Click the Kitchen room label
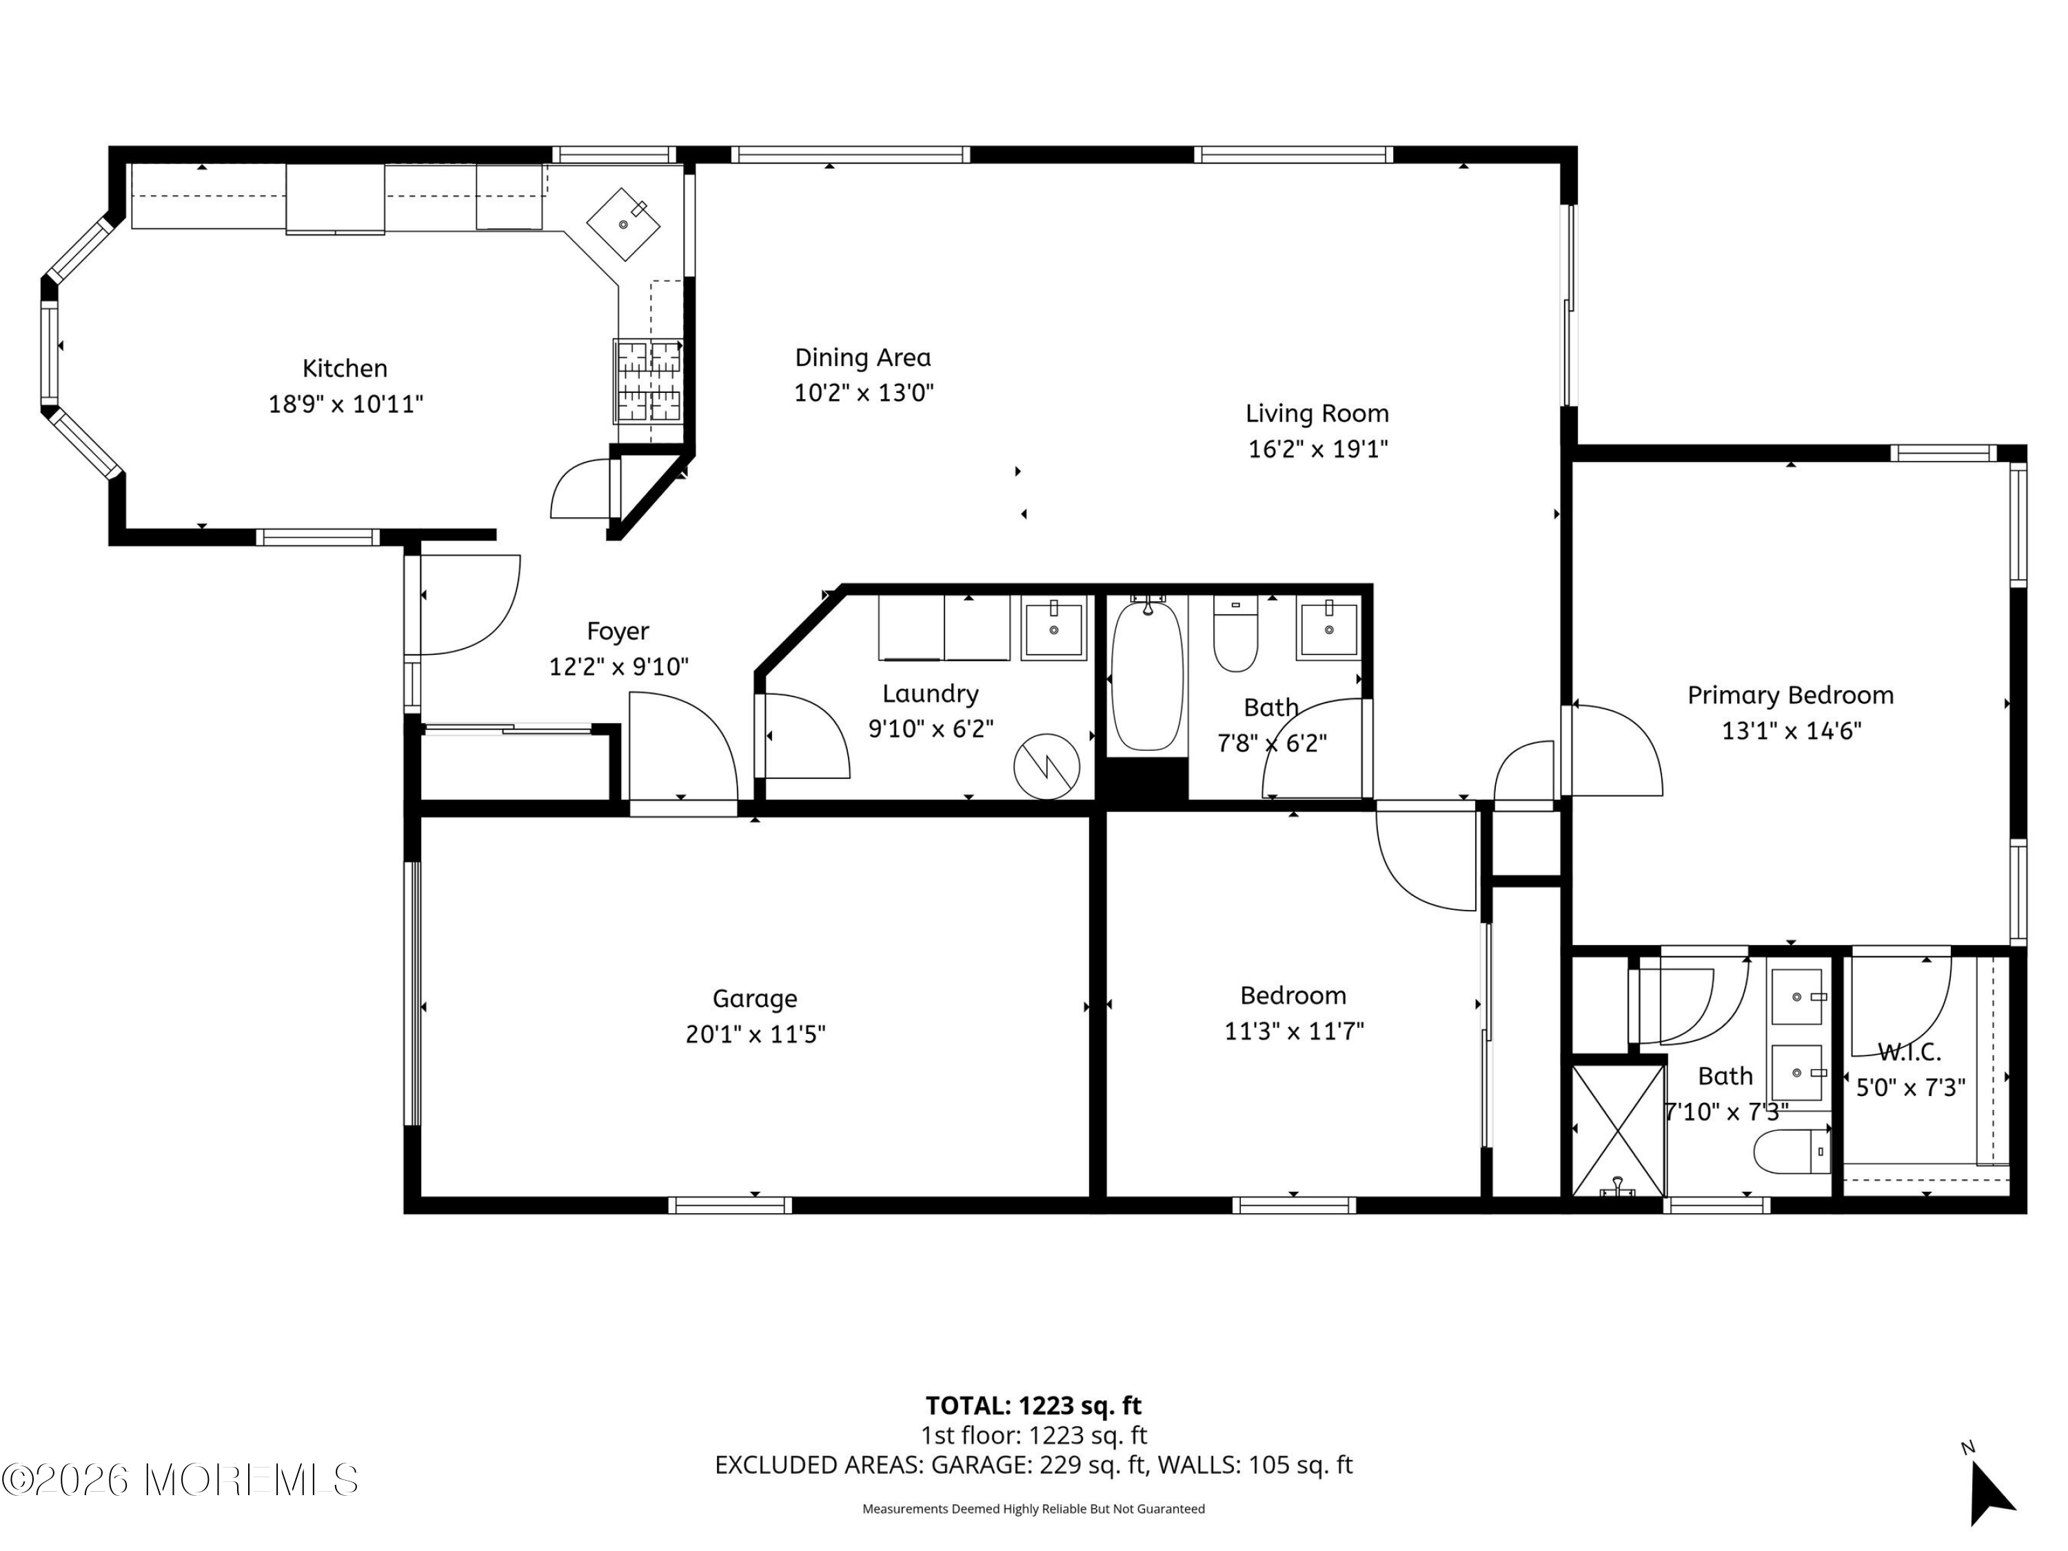(x=344, y=368)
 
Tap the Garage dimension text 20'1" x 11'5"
(x=756, y=1035)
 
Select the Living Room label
(x=1317, y=413)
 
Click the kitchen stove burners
(x=648, y=381)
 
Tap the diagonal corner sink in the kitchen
(x=624, y=224)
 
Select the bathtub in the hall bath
(x=1147, y=674)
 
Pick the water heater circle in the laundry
(x=1047, y=767)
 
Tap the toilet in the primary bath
(x=1792, y=1152)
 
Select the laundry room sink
(x=1053, y=628)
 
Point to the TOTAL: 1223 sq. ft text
(x=1033, y=1405)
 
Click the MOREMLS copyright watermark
(x=179, y=1479)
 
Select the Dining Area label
(x=863, y=357)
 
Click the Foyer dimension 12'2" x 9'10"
(x=619, y=667)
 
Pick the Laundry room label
(x=930, y=693)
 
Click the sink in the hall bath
(x=1328, y=628)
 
